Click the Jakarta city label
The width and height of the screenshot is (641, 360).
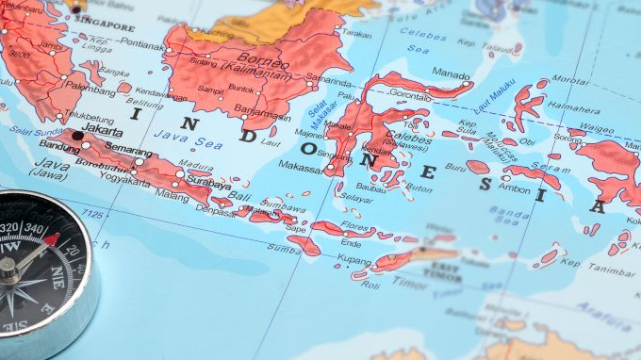[x=103, y=131]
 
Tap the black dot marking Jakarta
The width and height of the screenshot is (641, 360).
[x=77, y=136]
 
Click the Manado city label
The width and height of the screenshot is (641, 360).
[x=451, y=73]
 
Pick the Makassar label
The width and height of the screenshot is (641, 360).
[x=300, y=166]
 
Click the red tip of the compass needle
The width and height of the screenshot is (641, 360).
[x=50, y=239]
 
